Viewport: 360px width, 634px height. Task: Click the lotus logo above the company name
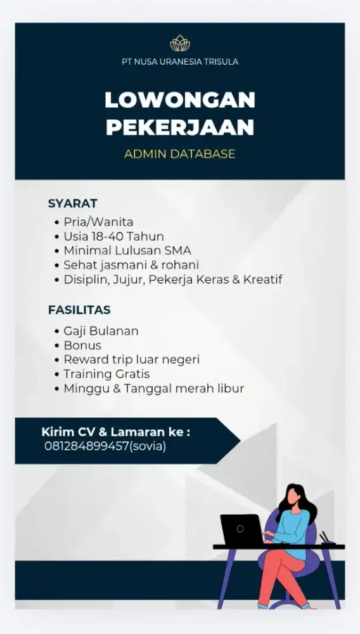point(180,43)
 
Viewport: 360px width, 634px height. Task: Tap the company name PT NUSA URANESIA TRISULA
point(180,62)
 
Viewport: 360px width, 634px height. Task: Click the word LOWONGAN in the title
point(180,100)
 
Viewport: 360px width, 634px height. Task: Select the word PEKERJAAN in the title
point(180,127)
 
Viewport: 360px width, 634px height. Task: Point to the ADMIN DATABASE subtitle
point(180,154)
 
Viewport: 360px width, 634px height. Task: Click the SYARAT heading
point(72,204)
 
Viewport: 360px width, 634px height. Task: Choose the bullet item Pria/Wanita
point(98,222)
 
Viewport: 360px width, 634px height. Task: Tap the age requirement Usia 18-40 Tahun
point(113,236)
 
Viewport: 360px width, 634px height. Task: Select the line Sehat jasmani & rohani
point(131,265)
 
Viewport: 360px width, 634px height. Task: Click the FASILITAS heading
point(79,310)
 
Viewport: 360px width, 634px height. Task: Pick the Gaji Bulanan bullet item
point(101,331)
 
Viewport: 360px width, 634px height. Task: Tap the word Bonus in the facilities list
point(82,346)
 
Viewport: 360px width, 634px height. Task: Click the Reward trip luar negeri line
point(131,359)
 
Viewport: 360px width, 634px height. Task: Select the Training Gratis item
point(106,374)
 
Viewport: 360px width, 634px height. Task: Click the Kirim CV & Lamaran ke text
point(116,432)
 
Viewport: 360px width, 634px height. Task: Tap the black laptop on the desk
point(241,530)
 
